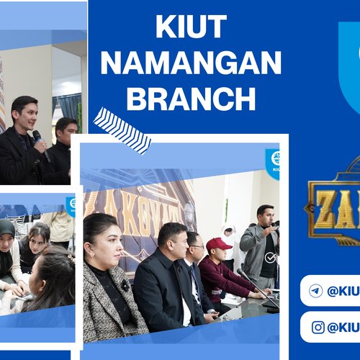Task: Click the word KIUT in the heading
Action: tap(190, 29)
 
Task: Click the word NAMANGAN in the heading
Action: tap(190, 63)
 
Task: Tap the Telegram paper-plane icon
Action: tap(315, 291)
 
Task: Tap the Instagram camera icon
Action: tap(318, 328)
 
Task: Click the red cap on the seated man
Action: tap(217, 245)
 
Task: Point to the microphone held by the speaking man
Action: tap(40, 141)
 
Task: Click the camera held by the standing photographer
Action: tap(273, 224)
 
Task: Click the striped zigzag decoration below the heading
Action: tap(122, 130)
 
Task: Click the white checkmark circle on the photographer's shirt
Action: tap(269, 257)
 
